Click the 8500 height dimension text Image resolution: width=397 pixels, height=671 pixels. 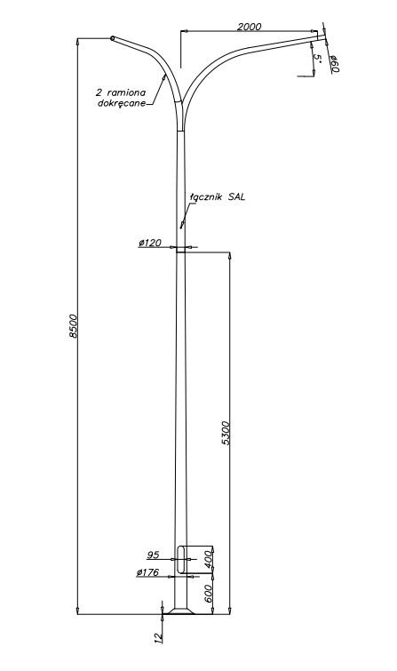point(74,326)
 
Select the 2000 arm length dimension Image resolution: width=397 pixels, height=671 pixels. point(249,27)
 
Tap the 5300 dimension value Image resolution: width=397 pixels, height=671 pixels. point(226,433)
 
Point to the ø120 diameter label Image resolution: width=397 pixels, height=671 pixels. point(150,243)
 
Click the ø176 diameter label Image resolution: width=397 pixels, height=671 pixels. point(148,572)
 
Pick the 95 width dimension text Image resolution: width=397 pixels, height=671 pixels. point(153,555)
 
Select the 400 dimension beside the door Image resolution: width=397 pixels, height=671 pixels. point(209,560)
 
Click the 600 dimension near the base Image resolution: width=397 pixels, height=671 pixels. point(209,594)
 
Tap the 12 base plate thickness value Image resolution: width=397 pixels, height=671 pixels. point(158,637)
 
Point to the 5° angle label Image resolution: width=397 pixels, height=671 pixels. point(317,58)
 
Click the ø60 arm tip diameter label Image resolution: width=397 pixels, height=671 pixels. point(334,64)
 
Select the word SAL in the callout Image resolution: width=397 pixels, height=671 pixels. point(236,197)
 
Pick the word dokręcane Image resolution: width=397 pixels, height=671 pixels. point(121,103)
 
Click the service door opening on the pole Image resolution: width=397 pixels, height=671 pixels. point(181,560)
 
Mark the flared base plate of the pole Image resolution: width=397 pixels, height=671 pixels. point(181,611)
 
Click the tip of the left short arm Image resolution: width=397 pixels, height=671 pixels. point(113,38)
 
